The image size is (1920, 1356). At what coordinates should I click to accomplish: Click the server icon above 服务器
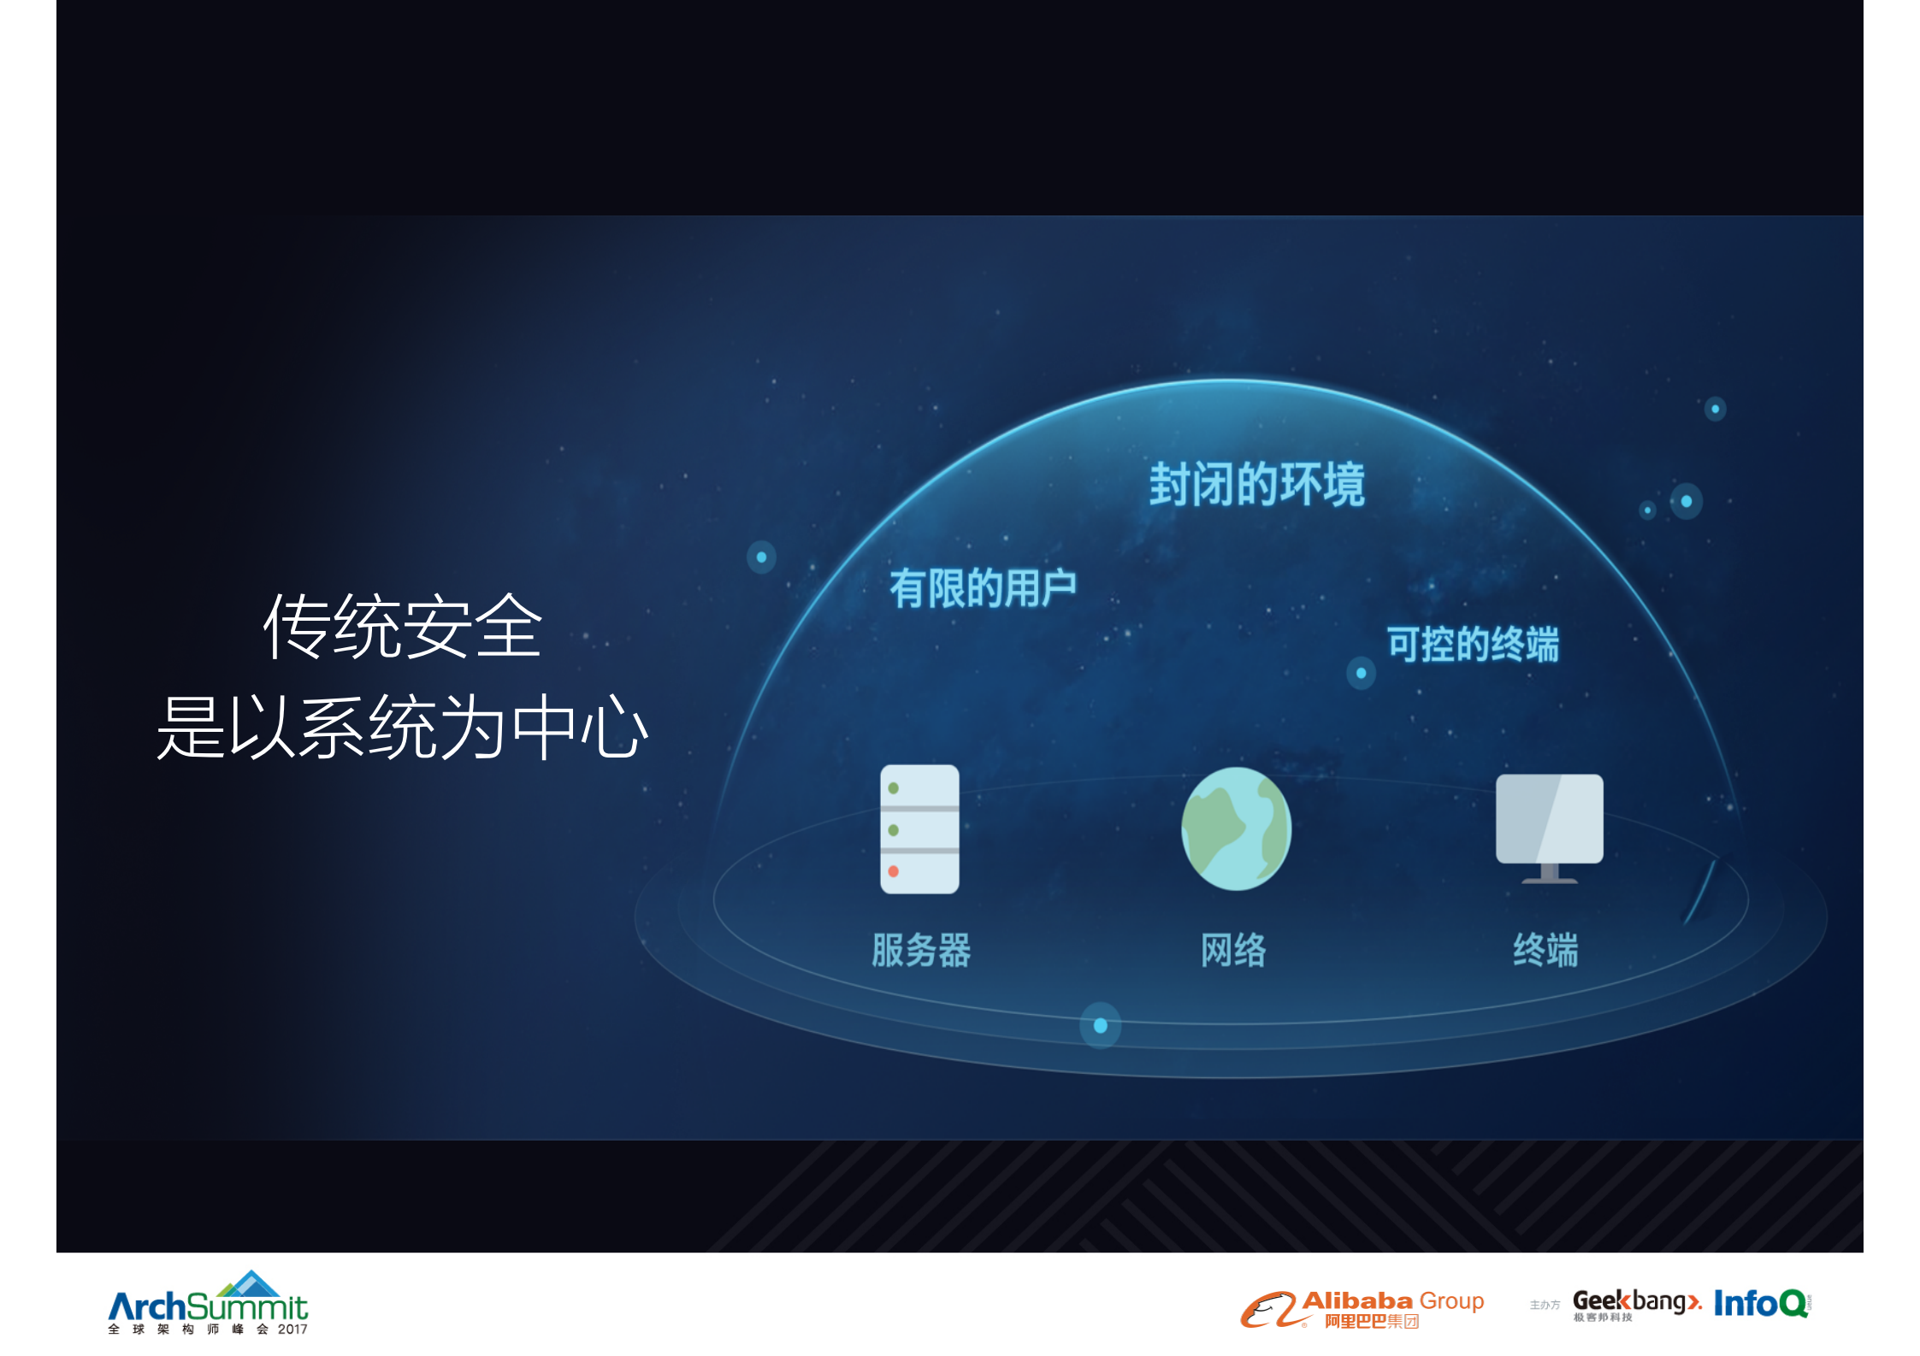(x=919, y=828)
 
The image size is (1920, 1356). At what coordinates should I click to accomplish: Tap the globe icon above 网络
(x=1236, y=828)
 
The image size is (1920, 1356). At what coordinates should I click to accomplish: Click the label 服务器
(x=921, y=950)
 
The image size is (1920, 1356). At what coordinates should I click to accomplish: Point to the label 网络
(x=1233, y=950)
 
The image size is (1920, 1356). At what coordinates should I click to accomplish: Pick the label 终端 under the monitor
(x=1545, y=950)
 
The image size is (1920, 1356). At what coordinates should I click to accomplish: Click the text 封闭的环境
(x=1256, y=484)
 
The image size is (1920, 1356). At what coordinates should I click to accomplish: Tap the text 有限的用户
(x=983, y=588)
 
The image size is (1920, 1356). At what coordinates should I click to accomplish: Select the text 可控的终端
(x=1473, y=644)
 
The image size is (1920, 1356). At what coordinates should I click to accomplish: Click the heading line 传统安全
(x=402, y=627)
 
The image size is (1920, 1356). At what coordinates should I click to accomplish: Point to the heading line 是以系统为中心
(x=402, y=728)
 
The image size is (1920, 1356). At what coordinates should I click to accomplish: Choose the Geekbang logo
(x=1636, y=1303)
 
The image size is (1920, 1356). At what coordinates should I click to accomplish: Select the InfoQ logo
(x=1761, y=1304)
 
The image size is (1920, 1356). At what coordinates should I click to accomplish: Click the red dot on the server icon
(x=893, y=871)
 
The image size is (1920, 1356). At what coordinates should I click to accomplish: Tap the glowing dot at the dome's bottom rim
(x=1101, y=1025)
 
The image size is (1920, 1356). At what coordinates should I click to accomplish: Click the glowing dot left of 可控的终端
(x=1361, y=673)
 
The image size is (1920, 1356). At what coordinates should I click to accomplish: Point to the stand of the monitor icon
(x=1549, y=874)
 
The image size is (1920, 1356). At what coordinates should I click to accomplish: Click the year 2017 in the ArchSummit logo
(x=292, y=1329)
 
